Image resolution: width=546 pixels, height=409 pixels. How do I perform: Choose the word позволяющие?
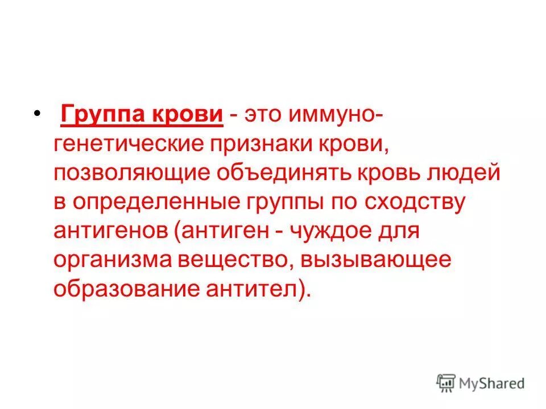pyautogui.click(x=133, y=172)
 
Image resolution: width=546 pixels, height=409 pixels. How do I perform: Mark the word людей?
pyautogui.click(x=465, y=172)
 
